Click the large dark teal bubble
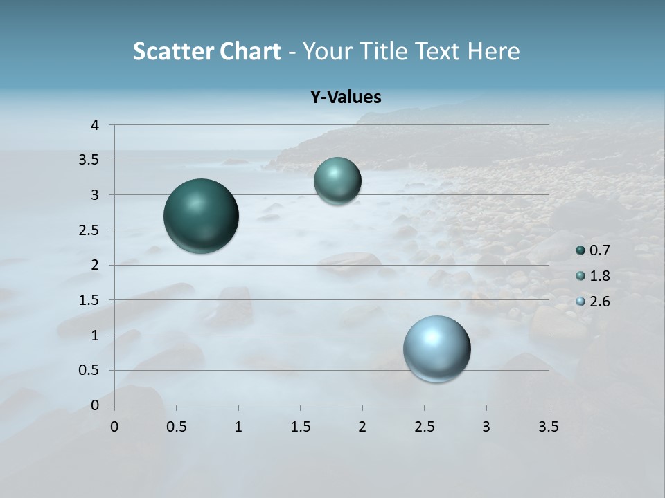[x=202, y=216]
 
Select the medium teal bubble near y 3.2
[x=337, y=181]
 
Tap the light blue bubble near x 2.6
[x=437, y=349]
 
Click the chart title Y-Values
[x=346, y=98]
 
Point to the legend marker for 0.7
[x=580, y=250]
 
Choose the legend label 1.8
[x=599, y=276]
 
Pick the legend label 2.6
[x=599, y=302]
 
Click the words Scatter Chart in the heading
[x=206, y=51]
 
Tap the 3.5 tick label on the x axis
[x=549, y=427]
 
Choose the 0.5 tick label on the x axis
[x=177, y=427]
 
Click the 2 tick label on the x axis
[x=362, y=427]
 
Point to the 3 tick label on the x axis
[x=486, y=427]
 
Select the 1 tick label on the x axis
[x=238, y=427]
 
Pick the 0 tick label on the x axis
[x=114, y=427]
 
